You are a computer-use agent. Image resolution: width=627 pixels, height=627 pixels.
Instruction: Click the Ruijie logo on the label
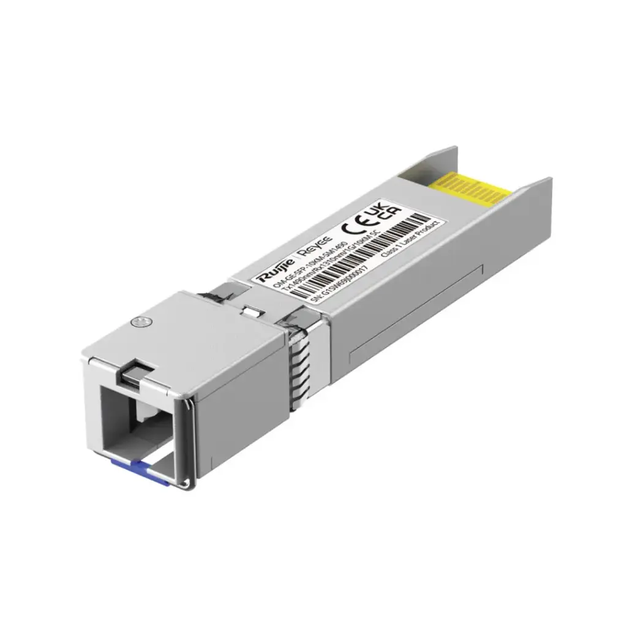coord(273,274)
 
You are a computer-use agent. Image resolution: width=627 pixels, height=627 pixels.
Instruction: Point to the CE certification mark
coord(353,225)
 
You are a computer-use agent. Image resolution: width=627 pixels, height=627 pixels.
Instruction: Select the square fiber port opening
coord(138,429)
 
